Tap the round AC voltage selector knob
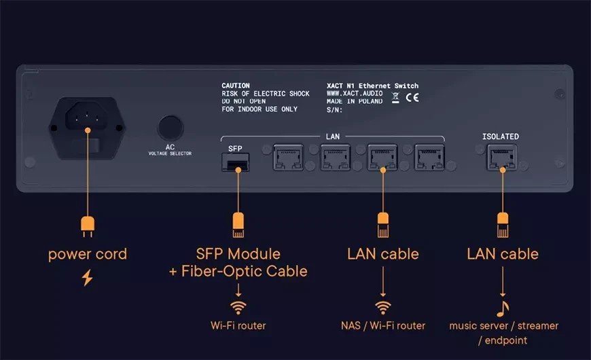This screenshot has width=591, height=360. [x=171, y=128]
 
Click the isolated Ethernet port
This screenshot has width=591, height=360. [x=501, y=160]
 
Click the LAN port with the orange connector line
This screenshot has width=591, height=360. [x=382, y=159]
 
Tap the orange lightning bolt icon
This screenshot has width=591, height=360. [x=87, y=277]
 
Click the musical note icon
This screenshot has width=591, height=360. [x=503, y=307]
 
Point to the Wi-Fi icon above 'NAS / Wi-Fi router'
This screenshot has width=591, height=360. [x=384, y=306]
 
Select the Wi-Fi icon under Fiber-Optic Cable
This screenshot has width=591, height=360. [x=238, y=306]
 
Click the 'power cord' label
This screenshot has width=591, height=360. [x=87, y=255]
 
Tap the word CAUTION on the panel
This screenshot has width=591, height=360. [x=236, y=86]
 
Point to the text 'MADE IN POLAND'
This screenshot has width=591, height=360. [x=355, y=101]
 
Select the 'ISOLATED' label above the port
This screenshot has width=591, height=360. [x=501, y=137]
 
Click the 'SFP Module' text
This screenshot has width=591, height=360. [x=238, y=254]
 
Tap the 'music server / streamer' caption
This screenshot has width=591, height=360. [x=503, y=325]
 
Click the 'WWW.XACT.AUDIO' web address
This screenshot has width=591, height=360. [x=355, y=94]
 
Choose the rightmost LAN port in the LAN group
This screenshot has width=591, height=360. [x=429, y=159]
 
